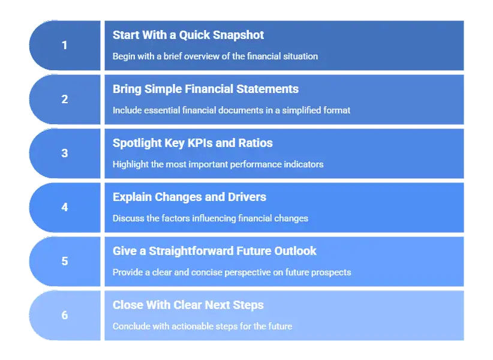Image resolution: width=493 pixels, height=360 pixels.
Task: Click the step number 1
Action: [65, 46]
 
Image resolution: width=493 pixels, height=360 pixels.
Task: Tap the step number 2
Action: [65, 100]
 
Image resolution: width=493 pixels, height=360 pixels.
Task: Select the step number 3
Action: [65, 154]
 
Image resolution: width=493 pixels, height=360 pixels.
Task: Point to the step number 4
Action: [65, 208]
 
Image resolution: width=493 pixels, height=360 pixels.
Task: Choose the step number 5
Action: [65, 262]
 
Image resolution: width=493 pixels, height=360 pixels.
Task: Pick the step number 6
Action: [65, 316]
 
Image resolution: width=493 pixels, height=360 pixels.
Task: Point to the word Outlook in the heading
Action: [292, 251]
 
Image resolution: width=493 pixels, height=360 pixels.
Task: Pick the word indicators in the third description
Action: [302, 164]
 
